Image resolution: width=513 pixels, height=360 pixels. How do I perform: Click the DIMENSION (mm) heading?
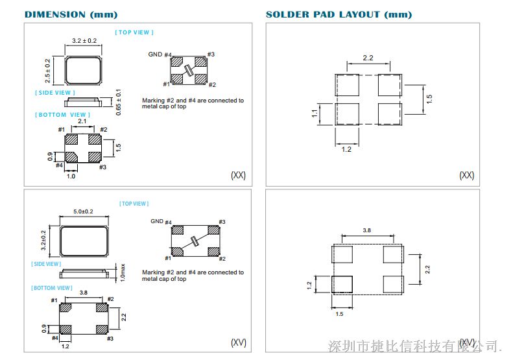(x=71, y=15)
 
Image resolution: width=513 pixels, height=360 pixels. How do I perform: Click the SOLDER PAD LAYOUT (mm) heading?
(x=339, y=15)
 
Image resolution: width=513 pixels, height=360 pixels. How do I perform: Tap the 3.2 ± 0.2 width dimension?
(x=84, y=41)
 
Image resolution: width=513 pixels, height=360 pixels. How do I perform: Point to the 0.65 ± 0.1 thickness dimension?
(x=119, y=102)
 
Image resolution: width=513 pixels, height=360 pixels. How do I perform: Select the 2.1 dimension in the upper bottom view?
(x=82, y=121)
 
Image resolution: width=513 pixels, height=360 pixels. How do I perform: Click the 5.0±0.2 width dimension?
(x=83, y=211)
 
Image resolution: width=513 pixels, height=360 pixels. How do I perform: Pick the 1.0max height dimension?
(x=123, y=272)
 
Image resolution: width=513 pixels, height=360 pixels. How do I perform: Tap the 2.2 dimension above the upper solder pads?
(x=368, y=58)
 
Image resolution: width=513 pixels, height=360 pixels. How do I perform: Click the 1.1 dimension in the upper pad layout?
(x=315, y=114)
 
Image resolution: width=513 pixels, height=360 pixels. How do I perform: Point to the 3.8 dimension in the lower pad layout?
(x=367, y=230)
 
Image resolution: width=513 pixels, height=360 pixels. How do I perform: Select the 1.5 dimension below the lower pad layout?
(x=339, y=314)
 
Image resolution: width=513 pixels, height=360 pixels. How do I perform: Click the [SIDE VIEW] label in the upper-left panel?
(x=55, y=93)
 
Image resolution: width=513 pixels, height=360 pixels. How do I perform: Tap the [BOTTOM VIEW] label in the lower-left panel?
(x=52, y=288)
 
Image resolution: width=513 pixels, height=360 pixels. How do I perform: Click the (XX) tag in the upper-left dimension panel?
(x=238, y=175)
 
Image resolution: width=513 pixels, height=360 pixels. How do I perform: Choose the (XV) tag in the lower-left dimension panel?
(x=239, y=342)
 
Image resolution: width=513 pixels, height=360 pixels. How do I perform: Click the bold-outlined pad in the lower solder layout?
(x=342, y=284)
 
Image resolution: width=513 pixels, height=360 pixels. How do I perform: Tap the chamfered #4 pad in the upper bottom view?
(x=71, y=157)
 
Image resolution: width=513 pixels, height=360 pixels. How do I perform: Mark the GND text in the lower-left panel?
(x=157, y=221)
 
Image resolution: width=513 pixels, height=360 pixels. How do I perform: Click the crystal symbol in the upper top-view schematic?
(x=189, y=70)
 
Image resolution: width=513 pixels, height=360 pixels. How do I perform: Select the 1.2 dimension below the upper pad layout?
(x=346, y=150)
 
